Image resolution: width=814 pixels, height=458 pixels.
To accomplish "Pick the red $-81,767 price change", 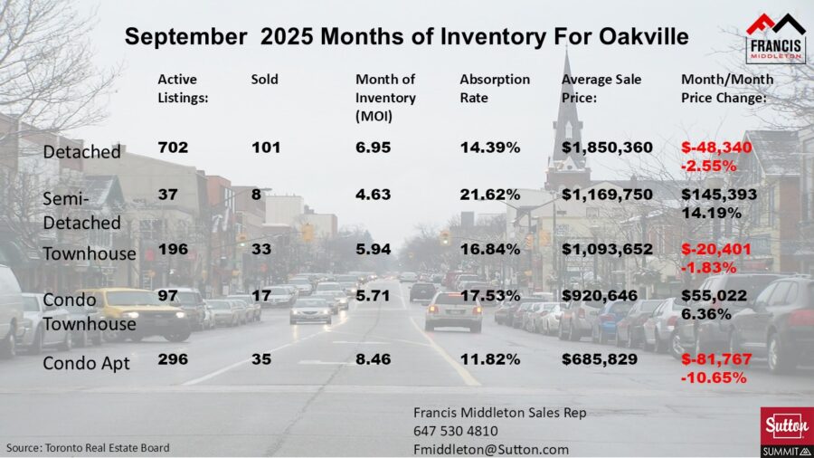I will [x=716, y=359].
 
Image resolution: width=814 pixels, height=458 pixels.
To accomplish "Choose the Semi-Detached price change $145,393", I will [x=716, y=196].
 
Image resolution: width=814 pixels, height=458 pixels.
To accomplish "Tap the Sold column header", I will [x=265, y=80].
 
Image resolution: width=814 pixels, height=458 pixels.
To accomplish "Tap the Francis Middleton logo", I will [x=776, y=36].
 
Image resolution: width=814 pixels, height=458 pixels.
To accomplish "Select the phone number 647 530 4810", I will [x=455, y=431].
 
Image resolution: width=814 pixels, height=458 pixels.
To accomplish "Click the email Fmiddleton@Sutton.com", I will [x=491, y=449].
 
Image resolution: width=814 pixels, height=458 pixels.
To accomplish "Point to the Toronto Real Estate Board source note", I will [x=88, y=447].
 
